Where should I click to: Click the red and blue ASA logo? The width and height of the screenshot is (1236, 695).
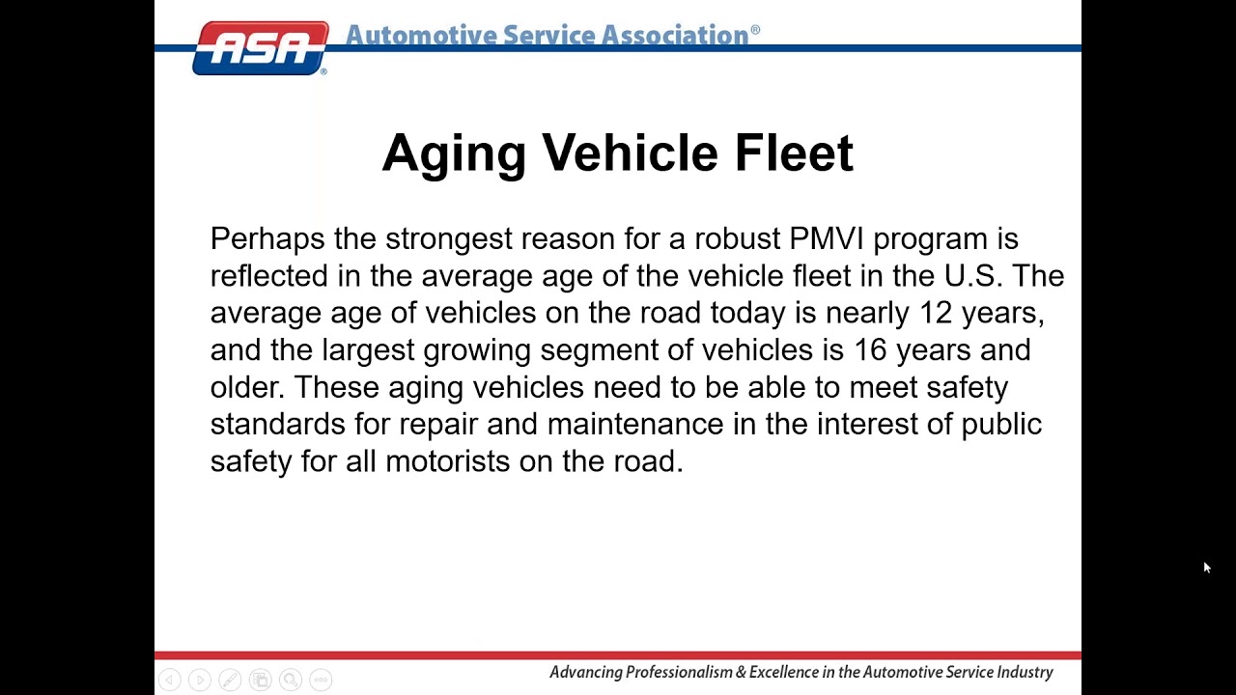261,47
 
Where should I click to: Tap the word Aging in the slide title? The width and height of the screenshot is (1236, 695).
454,154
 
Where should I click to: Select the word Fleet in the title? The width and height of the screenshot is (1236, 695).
794,153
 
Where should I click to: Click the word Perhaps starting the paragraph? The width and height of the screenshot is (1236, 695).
267,239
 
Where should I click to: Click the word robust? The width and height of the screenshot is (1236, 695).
737,239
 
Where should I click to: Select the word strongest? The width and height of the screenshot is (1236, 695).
448,239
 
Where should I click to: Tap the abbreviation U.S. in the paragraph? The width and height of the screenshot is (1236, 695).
973,276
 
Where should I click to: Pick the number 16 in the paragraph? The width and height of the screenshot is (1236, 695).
869,350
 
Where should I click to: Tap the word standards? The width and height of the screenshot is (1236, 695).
277,425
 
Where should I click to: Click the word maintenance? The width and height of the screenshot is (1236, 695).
634,425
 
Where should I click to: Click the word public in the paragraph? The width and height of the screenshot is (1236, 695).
1001,425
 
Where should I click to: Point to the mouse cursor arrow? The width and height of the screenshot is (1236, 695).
1206,568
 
